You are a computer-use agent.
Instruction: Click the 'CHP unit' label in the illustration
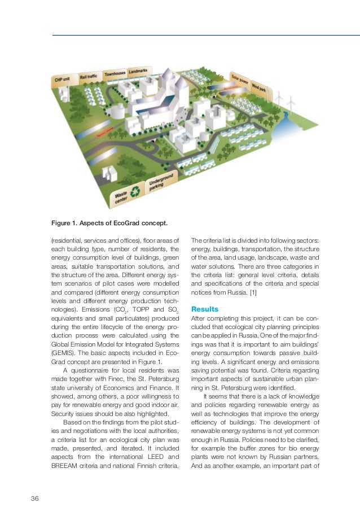pos(63,80)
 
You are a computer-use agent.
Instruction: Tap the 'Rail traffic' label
pos(89,76)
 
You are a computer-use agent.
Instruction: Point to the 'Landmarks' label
pos(139,72)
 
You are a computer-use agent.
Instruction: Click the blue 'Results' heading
pos(204,309)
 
